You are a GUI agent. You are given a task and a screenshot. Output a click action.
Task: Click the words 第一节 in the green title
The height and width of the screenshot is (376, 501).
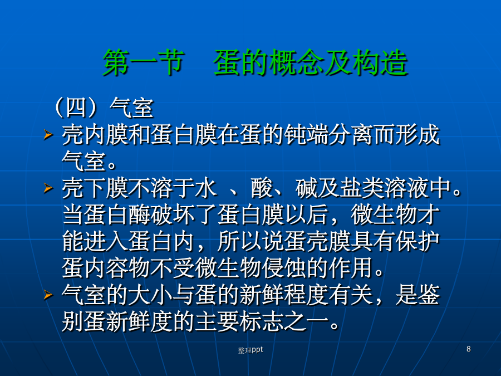click(144, 62)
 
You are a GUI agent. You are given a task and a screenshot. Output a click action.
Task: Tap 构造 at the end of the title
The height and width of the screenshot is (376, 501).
click(380, 62)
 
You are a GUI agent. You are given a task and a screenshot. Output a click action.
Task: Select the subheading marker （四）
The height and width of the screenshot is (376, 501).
click(76, 108)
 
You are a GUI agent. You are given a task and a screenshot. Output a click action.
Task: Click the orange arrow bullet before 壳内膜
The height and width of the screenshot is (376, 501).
click(48, 134)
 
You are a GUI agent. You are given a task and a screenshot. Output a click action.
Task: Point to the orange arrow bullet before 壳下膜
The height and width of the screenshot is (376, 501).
click(48, 188)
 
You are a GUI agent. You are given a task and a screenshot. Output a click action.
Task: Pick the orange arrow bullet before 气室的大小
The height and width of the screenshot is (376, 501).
click(48, 295)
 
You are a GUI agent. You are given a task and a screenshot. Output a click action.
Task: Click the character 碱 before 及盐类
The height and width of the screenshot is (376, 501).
click(306, 188)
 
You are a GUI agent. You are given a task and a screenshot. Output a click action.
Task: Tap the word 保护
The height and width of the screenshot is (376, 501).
click(417, 241)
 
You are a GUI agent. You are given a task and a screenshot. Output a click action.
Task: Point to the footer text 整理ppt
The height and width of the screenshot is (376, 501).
click(250, 350)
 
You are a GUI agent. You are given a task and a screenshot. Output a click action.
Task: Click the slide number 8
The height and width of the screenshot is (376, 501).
click(468, 349)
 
